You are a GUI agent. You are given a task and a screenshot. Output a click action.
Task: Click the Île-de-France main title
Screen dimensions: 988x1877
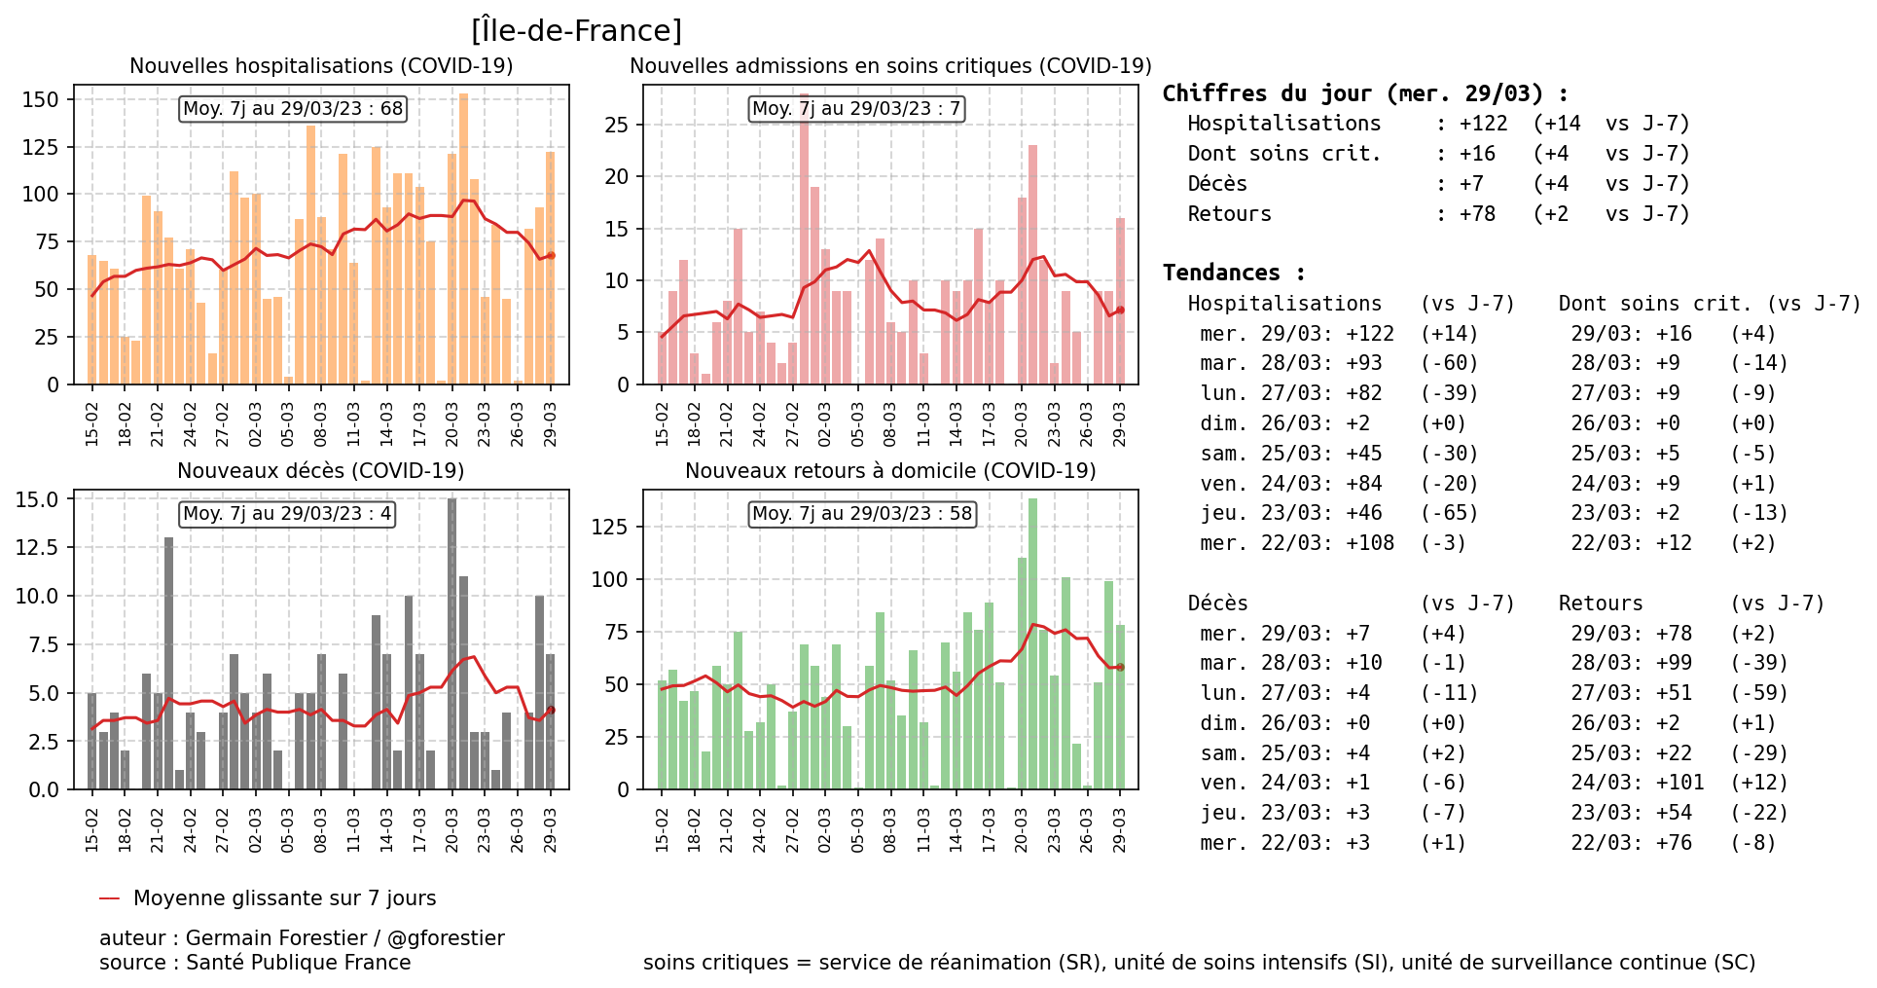tap(576, 30)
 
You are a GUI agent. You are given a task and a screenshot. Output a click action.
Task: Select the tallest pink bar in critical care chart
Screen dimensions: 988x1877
tap(805, 243)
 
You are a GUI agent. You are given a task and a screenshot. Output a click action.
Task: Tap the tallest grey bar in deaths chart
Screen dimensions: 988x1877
tap(452, 642)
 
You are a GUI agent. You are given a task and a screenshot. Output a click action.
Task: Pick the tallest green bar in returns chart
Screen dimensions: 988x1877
tap(1032, 642)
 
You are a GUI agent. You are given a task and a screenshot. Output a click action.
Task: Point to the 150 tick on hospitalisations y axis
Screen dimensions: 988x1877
tap(40, 99)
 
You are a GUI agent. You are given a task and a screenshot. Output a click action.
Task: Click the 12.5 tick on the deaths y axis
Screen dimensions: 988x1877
tap(37, 547)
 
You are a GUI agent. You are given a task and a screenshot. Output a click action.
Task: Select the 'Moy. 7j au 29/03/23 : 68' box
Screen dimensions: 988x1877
tap(293, 108)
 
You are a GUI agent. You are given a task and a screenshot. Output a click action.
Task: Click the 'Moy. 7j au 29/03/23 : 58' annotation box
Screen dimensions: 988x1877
tap(862, 513)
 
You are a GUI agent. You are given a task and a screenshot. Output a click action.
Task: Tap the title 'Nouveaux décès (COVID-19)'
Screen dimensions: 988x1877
tap(320, 471)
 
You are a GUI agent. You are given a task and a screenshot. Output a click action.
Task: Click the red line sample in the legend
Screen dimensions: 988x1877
tap(109, 898)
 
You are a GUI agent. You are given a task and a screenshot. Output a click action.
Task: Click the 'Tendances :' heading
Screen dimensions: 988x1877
tap(1233, 273)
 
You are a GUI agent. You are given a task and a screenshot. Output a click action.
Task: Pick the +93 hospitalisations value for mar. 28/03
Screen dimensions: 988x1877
tap(1364, 363)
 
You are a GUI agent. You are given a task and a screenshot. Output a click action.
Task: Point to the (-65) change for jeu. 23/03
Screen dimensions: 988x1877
tap(1449, 513)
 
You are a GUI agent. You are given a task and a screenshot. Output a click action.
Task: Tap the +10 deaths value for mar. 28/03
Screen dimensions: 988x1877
tap(1364, 663)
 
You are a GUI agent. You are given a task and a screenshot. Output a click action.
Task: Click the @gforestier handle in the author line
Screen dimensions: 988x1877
tap(446, 938)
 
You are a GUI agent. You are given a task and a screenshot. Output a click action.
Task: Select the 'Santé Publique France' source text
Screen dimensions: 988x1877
tap(298, 963)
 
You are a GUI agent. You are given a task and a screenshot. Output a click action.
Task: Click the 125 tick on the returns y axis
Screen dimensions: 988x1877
tap(610, 527)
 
